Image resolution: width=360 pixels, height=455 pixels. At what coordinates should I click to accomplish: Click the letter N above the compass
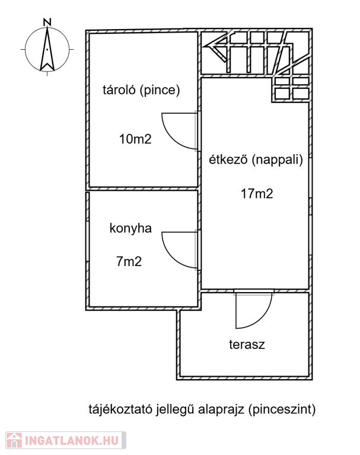pos(47,23)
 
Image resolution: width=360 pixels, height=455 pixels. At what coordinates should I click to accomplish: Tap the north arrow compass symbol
pos(47,50)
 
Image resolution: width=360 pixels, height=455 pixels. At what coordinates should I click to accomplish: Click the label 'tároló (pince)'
pos(141,91)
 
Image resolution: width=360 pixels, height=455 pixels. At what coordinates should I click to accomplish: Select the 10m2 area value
pos(135,140)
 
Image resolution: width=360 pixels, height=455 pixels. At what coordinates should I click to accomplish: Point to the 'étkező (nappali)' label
pos(256,159)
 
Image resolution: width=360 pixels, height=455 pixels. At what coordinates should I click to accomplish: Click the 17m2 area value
pos(256,193)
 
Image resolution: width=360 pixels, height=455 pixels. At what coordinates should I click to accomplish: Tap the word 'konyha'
pos(131,228)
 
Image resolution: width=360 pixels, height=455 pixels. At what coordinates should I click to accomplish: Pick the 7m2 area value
pos(129,261)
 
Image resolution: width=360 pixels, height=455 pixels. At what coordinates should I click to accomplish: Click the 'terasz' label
pos(247,344)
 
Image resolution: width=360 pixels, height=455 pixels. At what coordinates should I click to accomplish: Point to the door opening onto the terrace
pos(253,310)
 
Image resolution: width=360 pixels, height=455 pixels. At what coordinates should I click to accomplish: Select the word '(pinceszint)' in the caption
pos(282,409)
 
